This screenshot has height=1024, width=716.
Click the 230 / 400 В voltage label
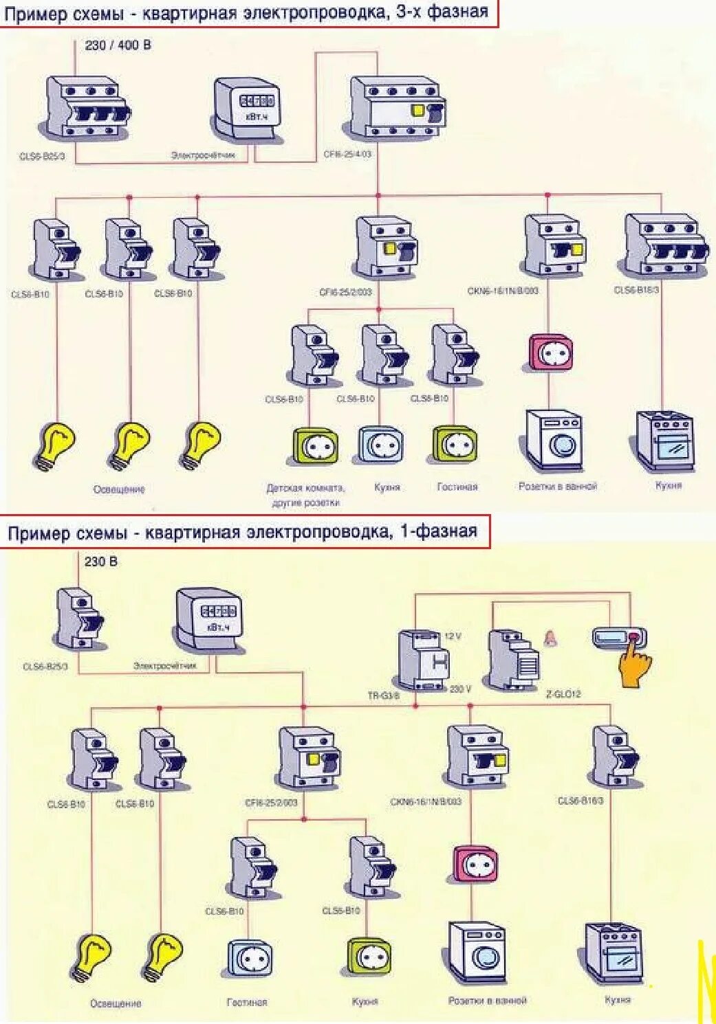(118, 45)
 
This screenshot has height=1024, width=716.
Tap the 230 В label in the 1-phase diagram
(101, 561)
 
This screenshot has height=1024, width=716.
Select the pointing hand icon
(634, 665)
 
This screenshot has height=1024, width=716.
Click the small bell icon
(550, 638)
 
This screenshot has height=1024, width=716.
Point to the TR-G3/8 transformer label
(383, 695)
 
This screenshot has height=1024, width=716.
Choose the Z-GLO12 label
(563, 694)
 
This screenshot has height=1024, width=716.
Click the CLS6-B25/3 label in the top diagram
(42, 157)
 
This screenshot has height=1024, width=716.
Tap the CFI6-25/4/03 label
(347, 154)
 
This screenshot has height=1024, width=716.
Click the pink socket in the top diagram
(550, 353)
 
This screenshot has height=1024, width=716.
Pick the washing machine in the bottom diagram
(477, 953)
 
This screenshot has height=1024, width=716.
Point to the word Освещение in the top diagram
(119, 489)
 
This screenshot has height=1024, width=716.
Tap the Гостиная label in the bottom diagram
(246, 1003)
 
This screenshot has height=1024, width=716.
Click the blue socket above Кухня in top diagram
(380, 445)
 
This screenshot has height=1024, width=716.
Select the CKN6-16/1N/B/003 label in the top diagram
(503, 291)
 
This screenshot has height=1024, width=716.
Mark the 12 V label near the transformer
(453, 636)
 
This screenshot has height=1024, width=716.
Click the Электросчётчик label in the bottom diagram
(164, 666)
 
